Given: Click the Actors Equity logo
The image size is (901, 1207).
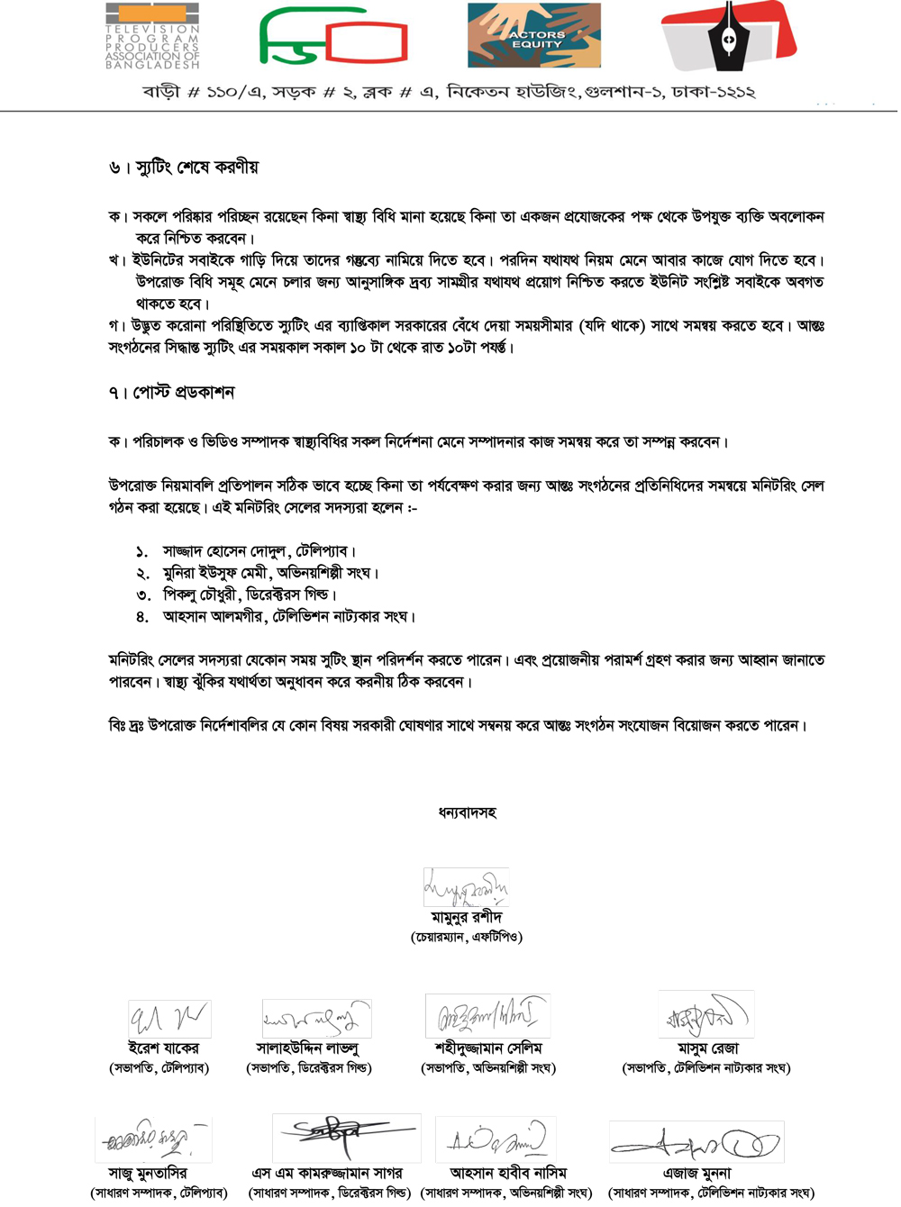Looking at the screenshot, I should (533, 36).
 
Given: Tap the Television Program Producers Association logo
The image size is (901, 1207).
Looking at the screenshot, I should (152, 37).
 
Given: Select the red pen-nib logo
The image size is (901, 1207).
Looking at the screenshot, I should (728, 36).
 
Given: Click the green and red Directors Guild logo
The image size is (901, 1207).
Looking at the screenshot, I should (333, 37).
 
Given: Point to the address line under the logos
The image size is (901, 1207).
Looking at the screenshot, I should (448, 92).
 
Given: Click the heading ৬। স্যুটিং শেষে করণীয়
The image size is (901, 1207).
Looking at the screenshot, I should (184, 168).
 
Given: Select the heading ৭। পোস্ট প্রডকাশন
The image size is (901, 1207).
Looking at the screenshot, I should (171, 393).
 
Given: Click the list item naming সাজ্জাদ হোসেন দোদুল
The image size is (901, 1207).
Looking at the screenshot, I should (259, 551).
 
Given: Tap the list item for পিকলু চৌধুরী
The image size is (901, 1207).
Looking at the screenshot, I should (249, 594).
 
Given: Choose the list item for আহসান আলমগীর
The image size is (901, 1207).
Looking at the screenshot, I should (288, 617).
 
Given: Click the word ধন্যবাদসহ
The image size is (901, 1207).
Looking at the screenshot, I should (467, 812).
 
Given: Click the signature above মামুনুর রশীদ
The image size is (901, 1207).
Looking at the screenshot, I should (466, 887).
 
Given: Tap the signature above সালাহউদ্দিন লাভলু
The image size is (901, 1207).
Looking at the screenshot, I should (316, 1019).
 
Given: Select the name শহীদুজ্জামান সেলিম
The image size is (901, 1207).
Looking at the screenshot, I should (488, 1048).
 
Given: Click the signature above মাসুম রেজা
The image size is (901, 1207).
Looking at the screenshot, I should (705, 1015).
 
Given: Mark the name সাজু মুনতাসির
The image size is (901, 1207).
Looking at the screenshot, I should (148, 1174).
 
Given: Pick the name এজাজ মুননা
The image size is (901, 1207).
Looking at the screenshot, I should (696, 1174).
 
